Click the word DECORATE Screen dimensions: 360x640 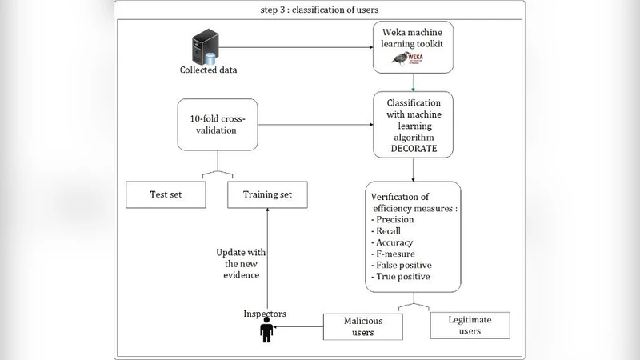[x=412, y=147]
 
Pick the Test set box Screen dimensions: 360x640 [x=165, y=193]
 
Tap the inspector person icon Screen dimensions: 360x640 [x=267, y=330]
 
